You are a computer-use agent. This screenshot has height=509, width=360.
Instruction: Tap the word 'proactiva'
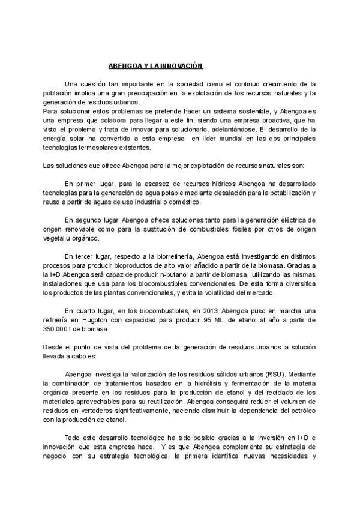pos(285,120)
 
